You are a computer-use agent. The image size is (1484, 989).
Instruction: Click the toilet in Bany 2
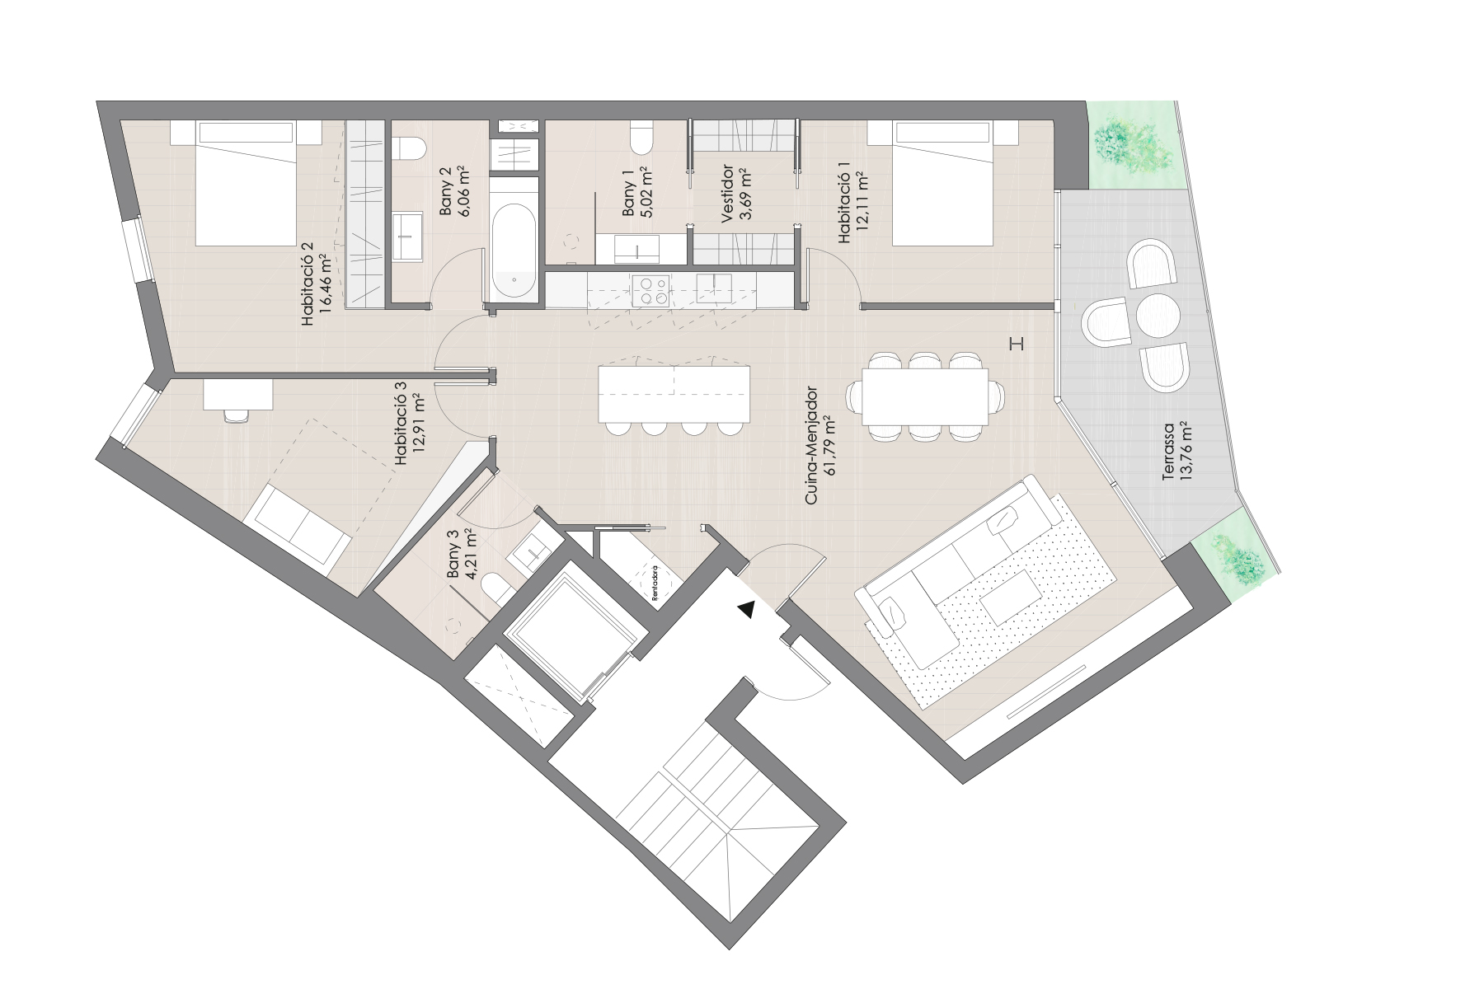pyautogui.click(x=408, y=148)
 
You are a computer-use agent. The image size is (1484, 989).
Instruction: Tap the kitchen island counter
pyautogui.click(x=674, y=394)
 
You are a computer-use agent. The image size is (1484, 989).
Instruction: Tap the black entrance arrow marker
pyautogui.click(x=746, y=609)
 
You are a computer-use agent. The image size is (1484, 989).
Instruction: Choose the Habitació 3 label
pyautogui.click(x=410, y=429)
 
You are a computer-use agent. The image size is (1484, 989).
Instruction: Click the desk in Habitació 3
pyautogui.click(x=237, y=394)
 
